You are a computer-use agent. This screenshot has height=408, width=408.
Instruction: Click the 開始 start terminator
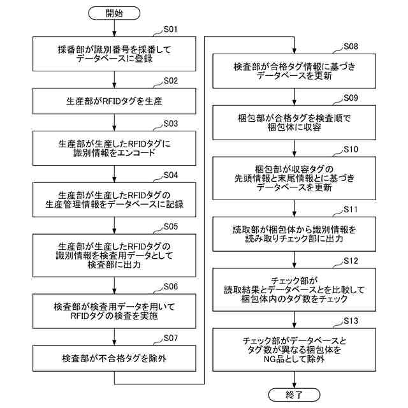click(x=115, y=13)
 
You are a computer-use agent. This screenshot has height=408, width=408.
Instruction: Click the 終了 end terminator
click(x=294, y=395)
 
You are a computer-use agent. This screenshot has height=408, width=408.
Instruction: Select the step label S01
click(x=171, y=29)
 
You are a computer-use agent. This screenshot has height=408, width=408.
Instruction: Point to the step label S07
click(x=171, y=337)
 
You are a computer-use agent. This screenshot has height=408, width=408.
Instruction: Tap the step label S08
click(x=351, y=47)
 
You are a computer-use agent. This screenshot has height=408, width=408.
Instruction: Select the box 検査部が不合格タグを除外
click(x=115, y=358)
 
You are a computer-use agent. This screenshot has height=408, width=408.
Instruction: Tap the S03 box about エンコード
click(x=115, y=148)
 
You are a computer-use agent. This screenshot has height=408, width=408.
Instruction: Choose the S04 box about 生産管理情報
click(x=115, y=200)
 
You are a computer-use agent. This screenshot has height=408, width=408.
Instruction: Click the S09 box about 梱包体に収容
click(x=294, y=122)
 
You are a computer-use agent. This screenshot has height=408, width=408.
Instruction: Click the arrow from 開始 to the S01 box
click(x=115, y=29)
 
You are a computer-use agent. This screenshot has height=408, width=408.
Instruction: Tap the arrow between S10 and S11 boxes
click(x=294, y=207)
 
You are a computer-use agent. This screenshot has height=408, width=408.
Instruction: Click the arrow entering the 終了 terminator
click(x=294, y=377)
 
